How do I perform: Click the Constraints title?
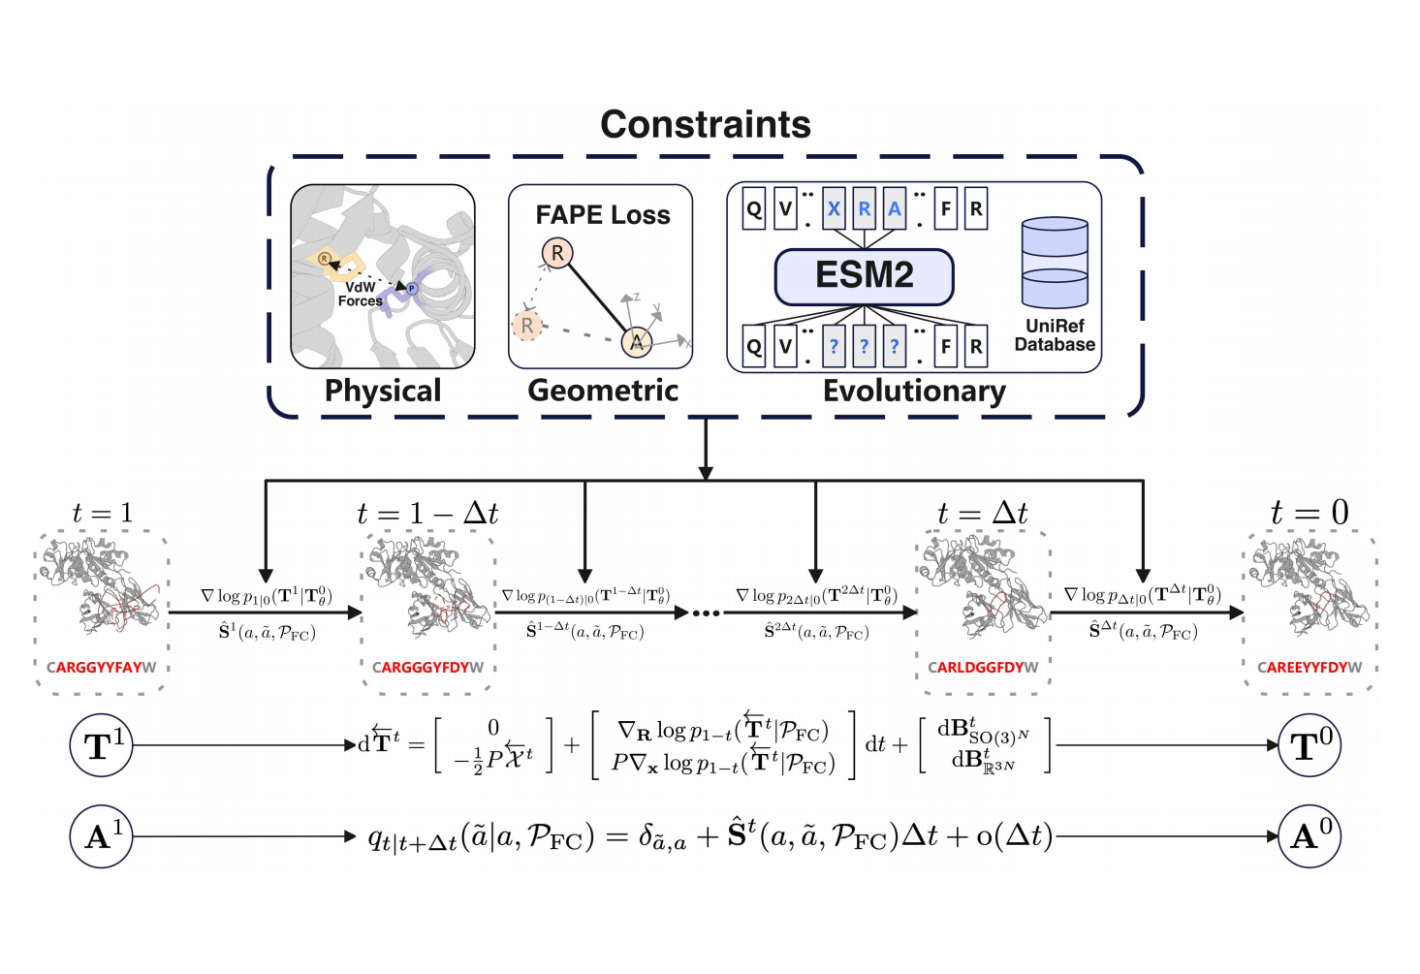tap(705, 125)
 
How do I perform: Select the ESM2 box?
tap(864, 275)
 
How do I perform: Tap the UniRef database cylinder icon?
tap(1055, 263)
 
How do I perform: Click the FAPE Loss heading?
tap(602, 215)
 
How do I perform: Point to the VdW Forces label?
tap(360, 295)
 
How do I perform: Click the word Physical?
tap(383, 391)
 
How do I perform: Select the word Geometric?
tap(603, 391)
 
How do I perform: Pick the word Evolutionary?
tap(914, 391)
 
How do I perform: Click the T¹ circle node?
tap(101, 746)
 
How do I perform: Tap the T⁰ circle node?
tap(1310, 746)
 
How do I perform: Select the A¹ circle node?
tap(101, 835)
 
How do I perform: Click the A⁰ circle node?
tap(1310, 835)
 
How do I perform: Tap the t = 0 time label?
tap(1310, 513)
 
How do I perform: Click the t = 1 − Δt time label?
tap(427, 514)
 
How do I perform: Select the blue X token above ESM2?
tap(834, 209)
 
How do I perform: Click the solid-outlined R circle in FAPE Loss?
tap(557, 253)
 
